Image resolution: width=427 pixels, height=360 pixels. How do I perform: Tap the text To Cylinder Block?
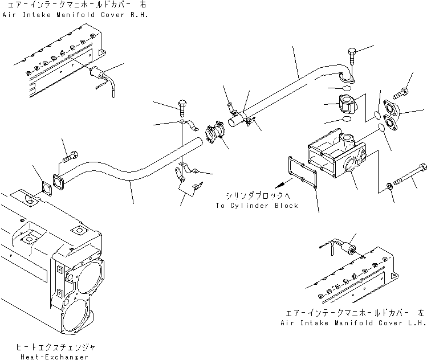[x=257, y=206]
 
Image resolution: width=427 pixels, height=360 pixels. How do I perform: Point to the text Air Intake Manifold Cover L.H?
[x=353, y=322]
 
